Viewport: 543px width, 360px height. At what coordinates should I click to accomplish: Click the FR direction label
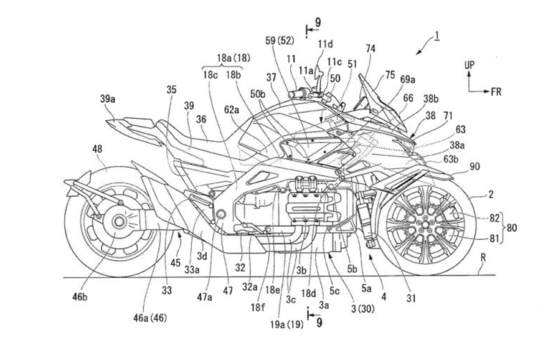[496, 90]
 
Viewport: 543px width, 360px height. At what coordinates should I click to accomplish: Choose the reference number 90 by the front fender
[475, 167]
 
